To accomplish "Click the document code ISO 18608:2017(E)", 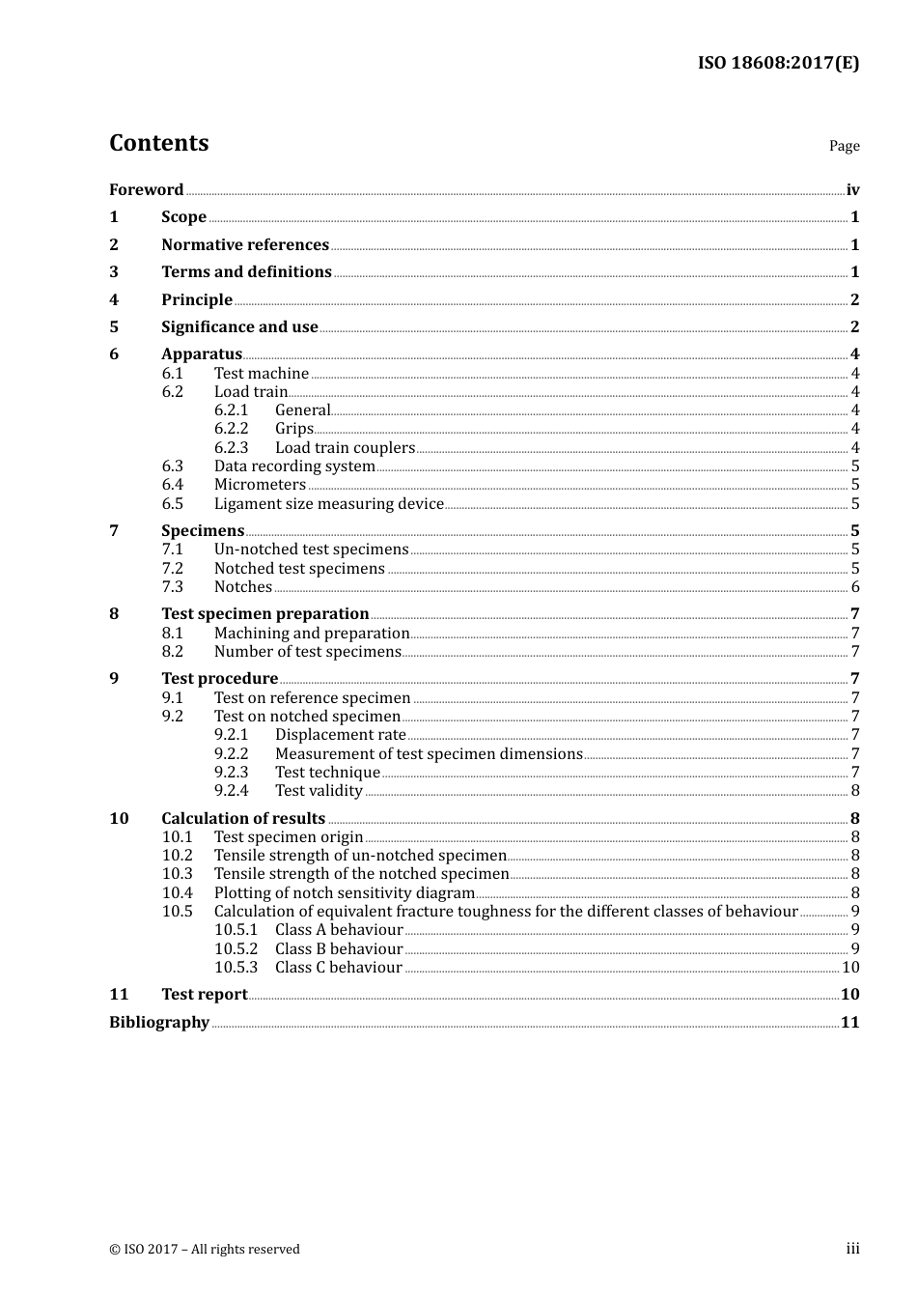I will tap(778, 63).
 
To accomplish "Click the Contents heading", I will tap(158, 143).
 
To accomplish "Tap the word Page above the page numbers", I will tap(844, 146).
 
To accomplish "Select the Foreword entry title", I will tap(146, 189).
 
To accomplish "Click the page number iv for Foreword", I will tap(852, 190).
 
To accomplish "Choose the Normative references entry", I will tap(245, 244).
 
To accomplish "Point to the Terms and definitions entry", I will tap(246, 272).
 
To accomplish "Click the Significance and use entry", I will tap(239, 326).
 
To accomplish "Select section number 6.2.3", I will tap(231, 447).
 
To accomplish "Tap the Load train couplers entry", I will tap(345, 447).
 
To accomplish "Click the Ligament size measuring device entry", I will tap(328, 503).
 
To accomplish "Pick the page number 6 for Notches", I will tap(855, 587).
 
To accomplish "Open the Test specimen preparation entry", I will tap(264, 613).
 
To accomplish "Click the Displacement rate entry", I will tap(340, 735).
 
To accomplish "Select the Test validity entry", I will tap(319, 791).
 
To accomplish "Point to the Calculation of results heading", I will tap(243, 818).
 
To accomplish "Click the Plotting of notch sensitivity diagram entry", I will tap(344, 892).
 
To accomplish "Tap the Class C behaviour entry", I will tap(338, 967).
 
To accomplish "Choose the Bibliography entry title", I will tap(159, 1022).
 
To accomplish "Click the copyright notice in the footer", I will tap(205, 1249).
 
